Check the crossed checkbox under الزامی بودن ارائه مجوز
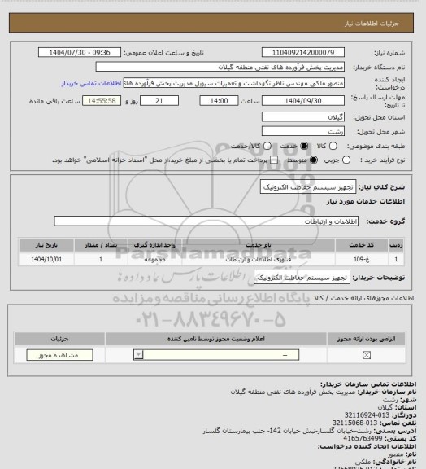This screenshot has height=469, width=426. point(366,354)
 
